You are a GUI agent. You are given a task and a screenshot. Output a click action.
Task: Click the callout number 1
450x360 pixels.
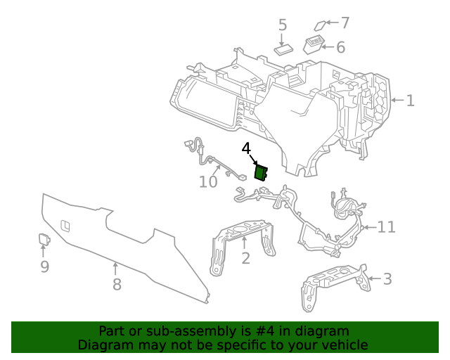click(410, 101)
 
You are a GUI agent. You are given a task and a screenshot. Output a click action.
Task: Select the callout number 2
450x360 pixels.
click(245, 259)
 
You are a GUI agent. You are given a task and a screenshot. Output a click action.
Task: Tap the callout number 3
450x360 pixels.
click(387, 279)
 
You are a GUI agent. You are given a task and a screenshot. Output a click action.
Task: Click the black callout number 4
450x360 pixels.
click(246, 149)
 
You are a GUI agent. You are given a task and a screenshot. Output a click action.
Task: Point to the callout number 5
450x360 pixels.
click(283, 26)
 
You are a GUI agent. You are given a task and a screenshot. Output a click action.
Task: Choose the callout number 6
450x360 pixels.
click(340, 47)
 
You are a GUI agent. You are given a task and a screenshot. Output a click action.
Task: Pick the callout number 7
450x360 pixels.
click(345, 22)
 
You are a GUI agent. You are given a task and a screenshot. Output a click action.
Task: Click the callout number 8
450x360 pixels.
click(117, 284)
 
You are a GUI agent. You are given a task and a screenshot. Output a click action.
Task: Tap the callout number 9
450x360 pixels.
click(44, 266)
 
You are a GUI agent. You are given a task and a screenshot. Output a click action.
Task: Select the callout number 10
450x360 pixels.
click(208, 182)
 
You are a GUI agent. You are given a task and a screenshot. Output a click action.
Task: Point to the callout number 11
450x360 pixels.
click(387, 227)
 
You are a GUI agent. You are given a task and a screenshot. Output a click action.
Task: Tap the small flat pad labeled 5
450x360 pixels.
click(285, 49)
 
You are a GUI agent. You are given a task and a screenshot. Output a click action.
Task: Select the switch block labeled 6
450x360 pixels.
click(314, 46)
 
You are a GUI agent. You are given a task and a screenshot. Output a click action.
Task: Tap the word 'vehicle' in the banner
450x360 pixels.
click(344, 345)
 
